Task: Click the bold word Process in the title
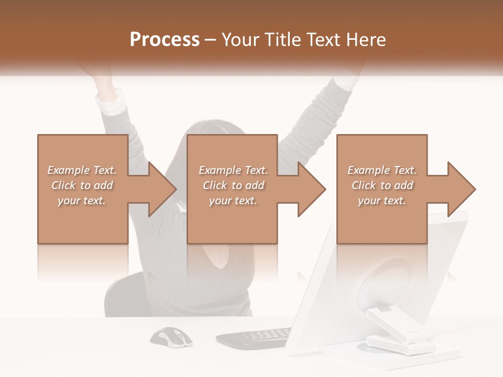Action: (x=165, y=40)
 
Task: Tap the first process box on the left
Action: (x=83, y=220)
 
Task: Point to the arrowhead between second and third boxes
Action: (x=311, y=189)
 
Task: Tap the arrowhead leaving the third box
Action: (x=461, y=189)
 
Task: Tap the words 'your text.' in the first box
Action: (x=82, y=201)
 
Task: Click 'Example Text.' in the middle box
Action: (x=233, y=170)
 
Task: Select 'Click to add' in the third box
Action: (x=382, y=185)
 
